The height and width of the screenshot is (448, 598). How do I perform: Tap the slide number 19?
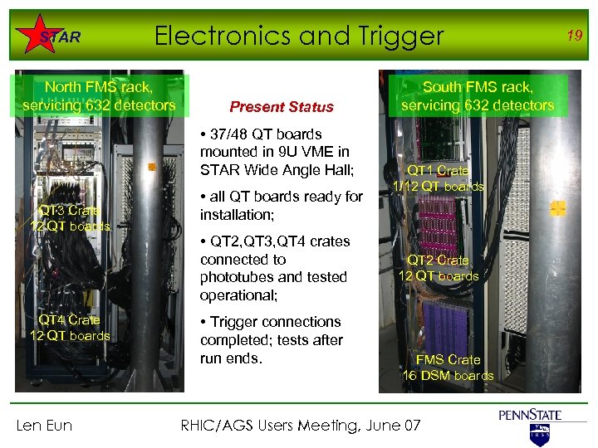tap(573, 34)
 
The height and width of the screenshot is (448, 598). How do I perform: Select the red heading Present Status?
tap(282, 107)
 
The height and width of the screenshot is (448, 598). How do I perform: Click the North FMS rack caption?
tap(99, 95)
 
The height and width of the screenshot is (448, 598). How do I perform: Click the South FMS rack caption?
tap(477, 95)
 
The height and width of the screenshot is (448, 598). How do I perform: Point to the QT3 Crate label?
tap(70, 218)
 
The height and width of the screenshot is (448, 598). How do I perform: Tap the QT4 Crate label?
tap(70, 328)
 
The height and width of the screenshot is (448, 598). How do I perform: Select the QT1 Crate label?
tap(439, 178)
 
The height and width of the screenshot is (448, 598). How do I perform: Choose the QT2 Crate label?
tap(439, 268)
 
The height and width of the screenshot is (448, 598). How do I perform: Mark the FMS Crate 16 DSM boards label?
tap(448, 368)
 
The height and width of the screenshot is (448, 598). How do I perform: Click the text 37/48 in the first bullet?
tap(230, 134)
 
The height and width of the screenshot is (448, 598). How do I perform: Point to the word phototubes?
tap(240, 277)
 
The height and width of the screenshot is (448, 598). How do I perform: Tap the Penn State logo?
tap(531, 422)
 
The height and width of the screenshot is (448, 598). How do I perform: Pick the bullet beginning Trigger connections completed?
tap(271, 340)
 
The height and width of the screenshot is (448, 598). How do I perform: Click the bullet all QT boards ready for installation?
tap(282, 206)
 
